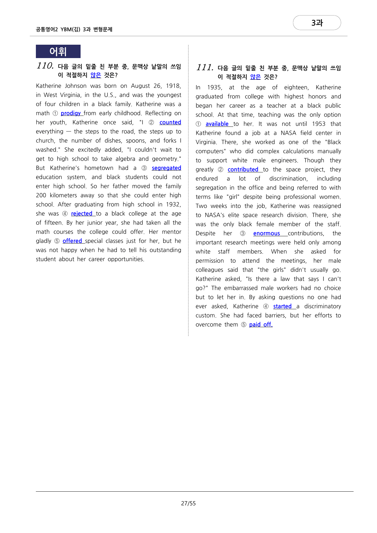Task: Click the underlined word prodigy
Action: click(71, 113)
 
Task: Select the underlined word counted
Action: click(170, 123)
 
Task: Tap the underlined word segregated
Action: click(166, 168)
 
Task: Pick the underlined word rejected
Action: click(81, 214)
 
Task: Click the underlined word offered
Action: click(72, 241)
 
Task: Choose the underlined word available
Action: click(217, 124)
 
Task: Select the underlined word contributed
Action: click(243, 170)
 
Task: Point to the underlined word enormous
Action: click(266, 234)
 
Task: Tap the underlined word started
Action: click(282, 306)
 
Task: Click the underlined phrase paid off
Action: click(261, 325)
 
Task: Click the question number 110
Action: click(45, 66)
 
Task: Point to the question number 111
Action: click(205, 67)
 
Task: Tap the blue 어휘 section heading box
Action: click(58, 51)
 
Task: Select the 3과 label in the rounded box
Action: click(317, 23)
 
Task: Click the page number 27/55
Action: click(188, 504)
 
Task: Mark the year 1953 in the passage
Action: click(319, 124)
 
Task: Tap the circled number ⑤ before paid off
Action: click(244, 325)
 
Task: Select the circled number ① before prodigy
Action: click(55, 113)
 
